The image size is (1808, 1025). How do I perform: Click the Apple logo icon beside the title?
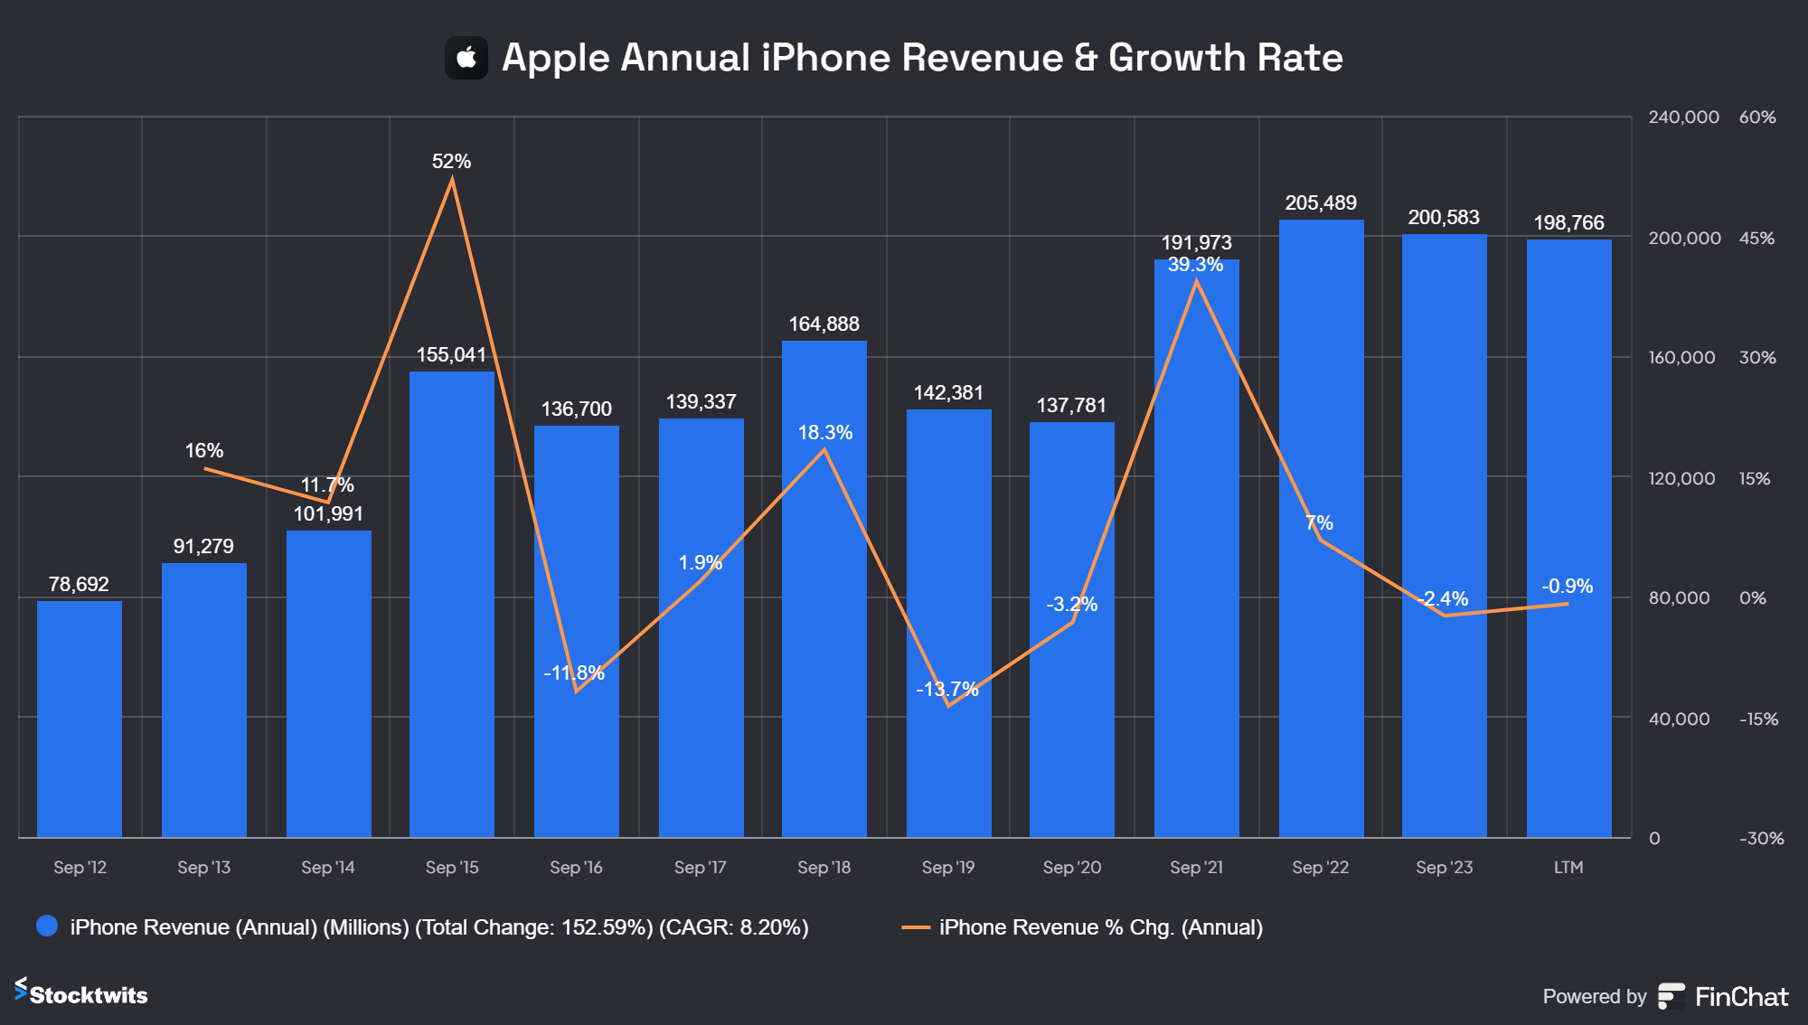click(x=466, y=58)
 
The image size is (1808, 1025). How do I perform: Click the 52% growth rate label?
click(x=451, y=162)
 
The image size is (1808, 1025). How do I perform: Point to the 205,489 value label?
click(x=1321, y=203)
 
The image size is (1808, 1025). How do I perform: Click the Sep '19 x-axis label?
click(x=948, y=868)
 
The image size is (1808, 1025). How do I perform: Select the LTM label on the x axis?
click(x=1568, y=868)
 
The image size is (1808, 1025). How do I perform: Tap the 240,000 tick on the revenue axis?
click(x=1683, y=118)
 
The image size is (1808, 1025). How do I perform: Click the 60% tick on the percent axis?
click(x=1757, y=118)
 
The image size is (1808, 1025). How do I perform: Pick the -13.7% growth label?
click(x=947, y=690)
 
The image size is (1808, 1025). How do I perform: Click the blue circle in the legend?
click(x=47, y=926)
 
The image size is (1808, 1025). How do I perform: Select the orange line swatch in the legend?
click(x=916, y=927)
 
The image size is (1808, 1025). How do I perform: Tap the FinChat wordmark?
click(x=1741, y=997)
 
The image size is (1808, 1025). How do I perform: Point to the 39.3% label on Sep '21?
click(x=1195, y=265)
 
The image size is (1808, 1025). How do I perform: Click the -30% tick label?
click(x=1761, y=839)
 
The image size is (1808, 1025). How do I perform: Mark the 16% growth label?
click(x=204, y=451)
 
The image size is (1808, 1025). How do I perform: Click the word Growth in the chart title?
click(x=1177, y=58)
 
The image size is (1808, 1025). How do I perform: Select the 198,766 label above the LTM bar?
click(x=1568, y=223)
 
